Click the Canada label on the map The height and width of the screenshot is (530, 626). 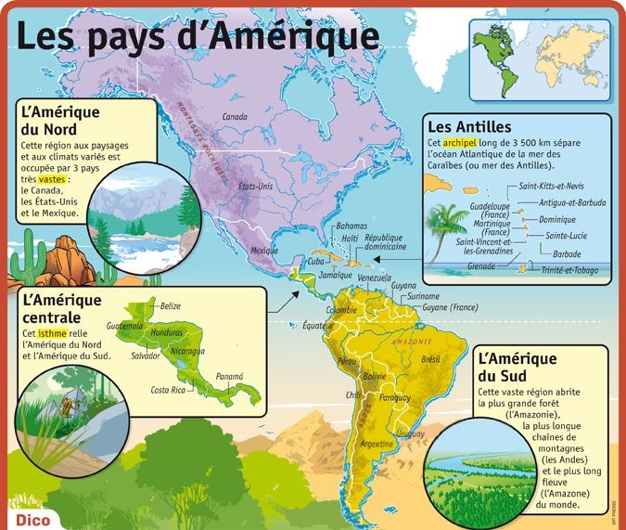coord(235,117)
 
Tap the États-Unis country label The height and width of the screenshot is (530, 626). coord(255,187)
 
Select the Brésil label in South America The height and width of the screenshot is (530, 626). coord(430,358)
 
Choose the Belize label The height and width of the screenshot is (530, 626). coord(170,305)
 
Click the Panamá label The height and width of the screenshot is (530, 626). coord(229,376)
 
